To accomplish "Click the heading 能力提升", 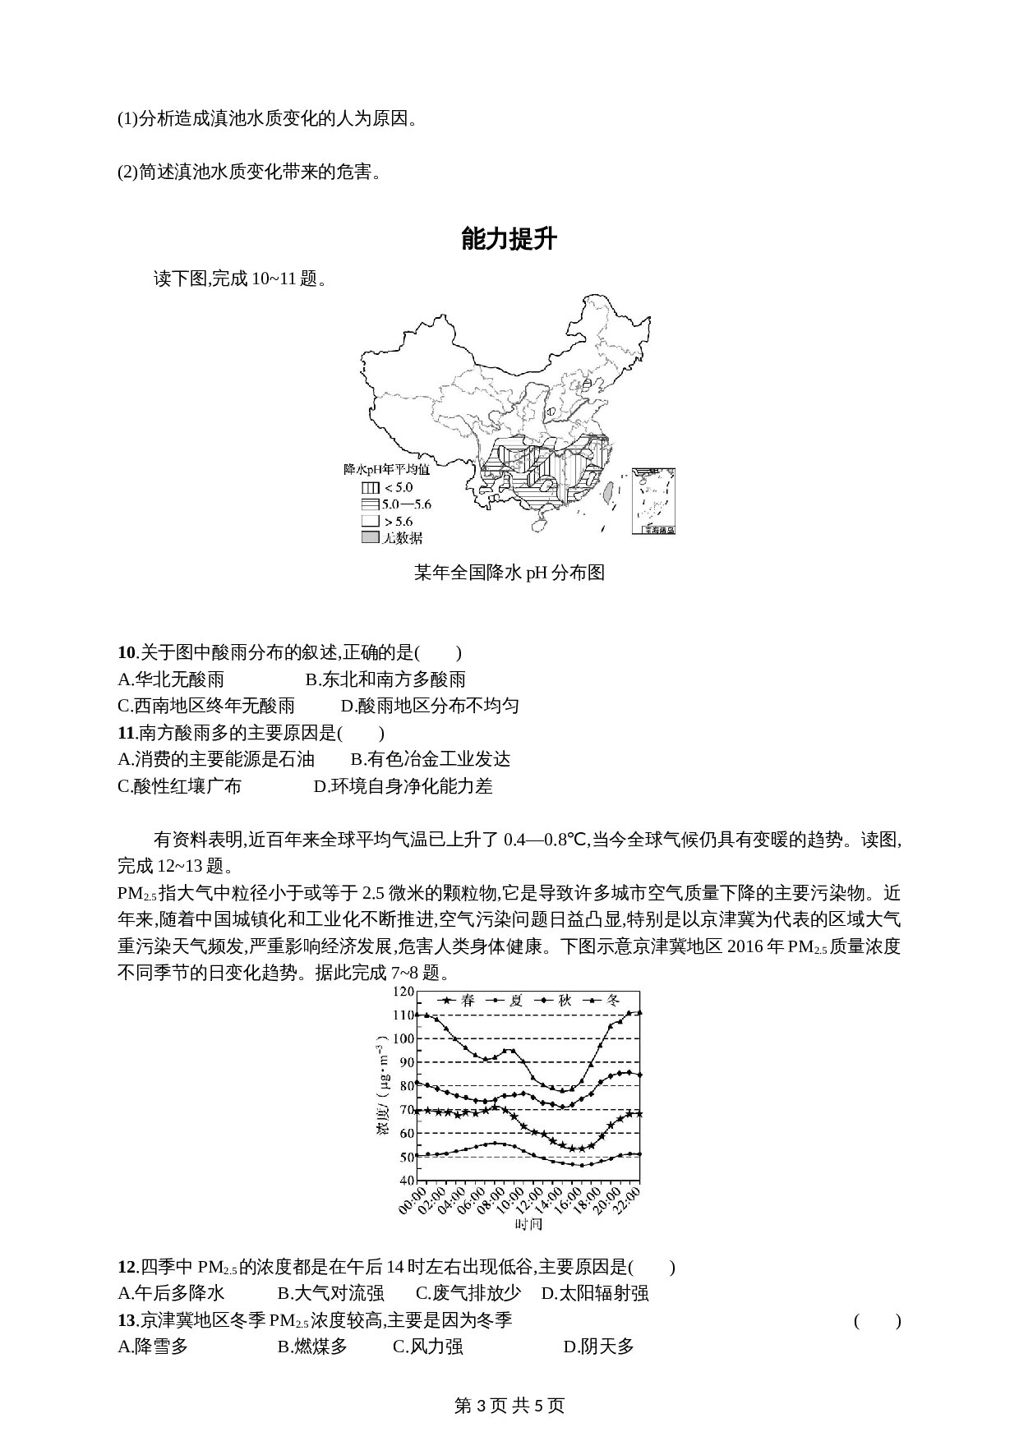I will (509, 239).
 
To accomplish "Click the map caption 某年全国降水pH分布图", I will (509, 573).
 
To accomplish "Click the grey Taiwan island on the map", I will (608, 492).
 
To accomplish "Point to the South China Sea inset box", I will (653, 501).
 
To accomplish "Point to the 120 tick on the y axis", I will (403, 992).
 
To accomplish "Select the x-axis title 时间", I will (528, 1224).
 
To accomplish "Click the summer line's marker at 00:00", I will (417, 1155).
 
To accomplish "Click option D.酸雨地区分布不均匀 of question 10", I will (430, 706).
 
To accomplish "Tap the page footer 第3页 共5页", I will (509, 1406).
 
